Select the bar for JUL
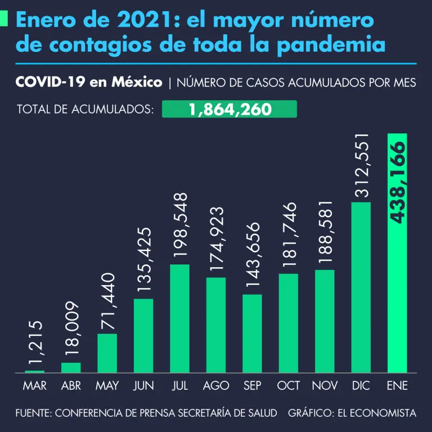(179, 318)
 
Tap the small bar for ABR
(71, 367)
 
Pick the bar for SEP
(252, 333)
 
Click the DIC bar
(361, 287)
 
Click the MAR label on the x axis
(35, 386)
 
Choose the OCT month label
(289, 386)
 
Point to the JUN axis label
(143, 386)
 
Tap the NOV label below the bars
(325, 386)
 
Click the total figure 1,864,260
(229, 109)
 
